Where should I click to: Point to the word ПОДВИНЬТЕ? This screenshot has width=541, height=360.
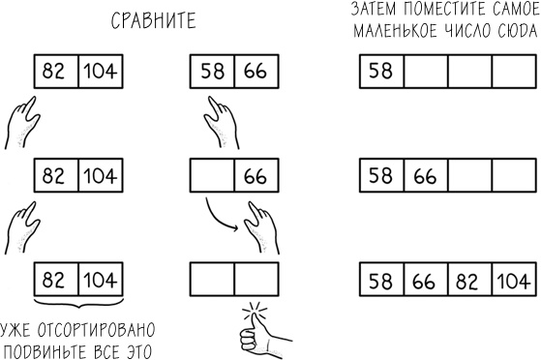pyautogui.click(x=54, y=349)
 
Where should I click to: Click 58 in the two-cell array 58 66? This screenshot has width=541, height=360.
pyautogui.click(x=212, y=72)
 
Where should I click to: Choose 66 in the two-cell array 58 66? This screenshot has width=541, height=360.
pyautogui.click(x=255, y=72)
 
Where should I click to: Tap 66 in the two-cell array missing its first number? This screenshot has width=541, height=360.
pyautogui.click(x=255, y=177)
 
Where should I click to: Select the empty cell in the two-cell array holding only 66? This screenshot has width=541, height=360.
pyautogui.click(x=212, y=177)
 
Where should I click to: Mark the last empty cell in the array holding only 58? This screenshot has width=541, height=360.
pyautogui.click(x=513, y=72)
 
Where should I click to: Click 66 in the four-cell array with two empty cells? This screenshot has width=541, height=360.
pyautogui.click(x=424, y=177)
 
